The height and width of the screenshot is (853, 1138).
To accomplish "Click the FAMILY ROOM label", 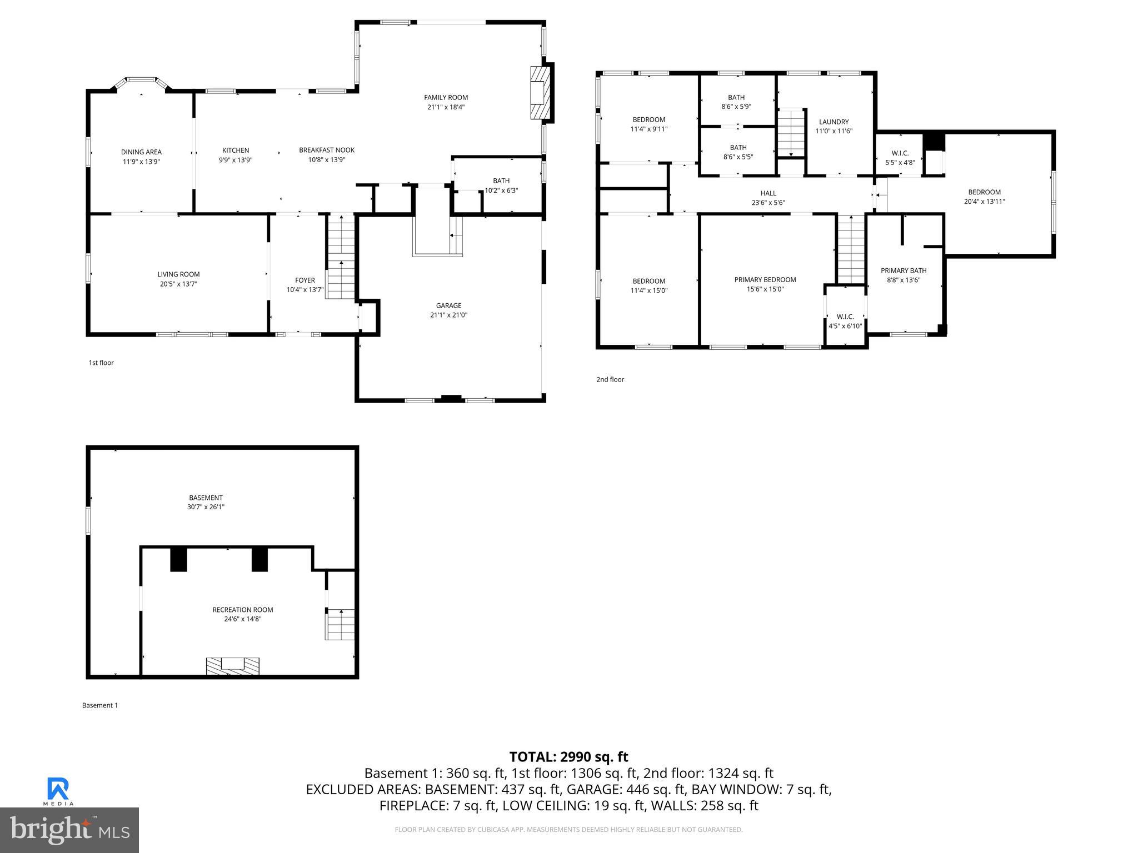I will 446,98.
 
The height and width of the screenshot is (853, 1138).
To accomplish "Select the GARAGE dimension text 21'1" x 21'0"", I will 448,315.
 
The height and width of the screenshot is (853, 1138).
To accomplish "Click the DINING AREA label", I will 141,152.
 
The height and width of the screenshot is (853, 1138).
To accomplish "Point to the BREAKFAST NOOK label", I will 327,150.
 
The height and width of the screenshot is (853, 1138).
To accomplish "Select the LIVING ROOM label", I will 178,274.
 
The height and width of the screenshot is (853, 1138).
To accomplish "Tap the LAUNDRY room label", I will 833,122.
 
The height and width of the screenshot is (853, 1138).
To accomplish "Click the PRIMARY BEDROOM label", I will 765,280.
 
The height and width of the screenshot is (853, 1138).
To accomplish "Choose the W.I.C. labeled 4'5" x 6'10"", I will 845,321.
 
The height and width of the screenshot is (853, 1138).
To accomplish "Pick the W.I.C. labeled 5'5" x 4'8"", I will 900,158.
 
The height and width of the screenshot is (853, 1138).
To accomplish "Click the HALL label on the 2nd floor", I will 768,193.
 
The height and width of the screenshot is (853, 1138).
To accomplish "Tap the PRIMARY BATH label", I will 903,271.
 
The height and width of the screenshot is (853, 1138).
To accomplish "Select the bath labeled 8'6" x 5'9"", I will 736,102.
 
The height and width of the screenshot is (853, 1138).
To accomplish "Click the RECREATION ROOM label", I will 242,610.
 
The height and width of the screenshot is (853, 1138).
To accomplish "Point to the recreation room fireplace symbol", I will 232,666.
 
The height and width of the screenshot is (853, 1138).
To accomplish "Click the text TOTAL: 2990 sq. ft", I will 568,757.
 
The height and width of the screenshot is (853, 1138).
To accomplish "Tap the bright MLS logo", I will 69,830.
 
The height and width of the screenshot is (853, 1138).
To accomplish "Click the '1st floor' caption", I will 101,363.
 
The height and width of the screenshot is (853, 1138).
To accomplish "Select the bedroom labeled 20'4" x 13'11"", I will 984,197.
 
